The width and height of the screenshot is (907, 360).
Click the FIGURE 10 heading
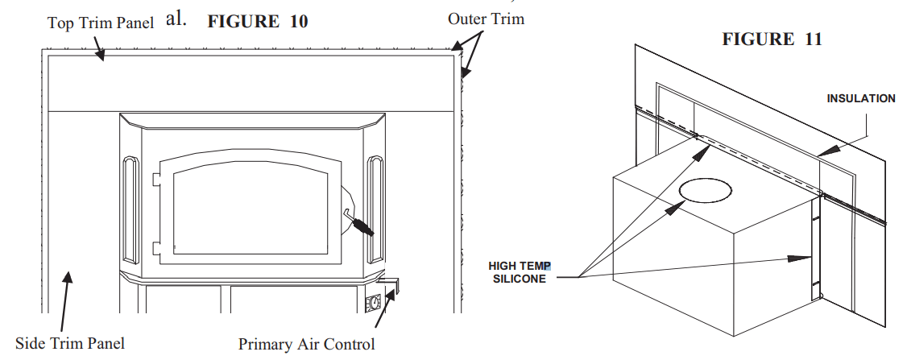[257, 22]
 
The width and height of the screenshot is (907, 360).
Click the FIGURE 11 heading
[772, 39]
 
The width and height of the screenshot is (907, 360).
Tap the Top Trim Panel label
[100, 23]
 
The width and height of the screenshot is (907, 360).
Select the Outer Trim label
[485, 18]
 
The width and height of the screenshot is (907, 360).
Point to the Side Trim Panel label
[70, 343]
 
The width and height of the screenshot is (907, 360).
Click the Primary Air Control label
[306, 345]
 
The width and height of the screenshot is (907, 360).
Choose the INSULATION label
[860, 99]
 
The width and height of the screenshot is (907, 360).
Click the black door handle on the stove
[360, 225]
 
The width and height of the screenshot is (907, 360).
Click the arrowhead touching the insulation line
[821, 151]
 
